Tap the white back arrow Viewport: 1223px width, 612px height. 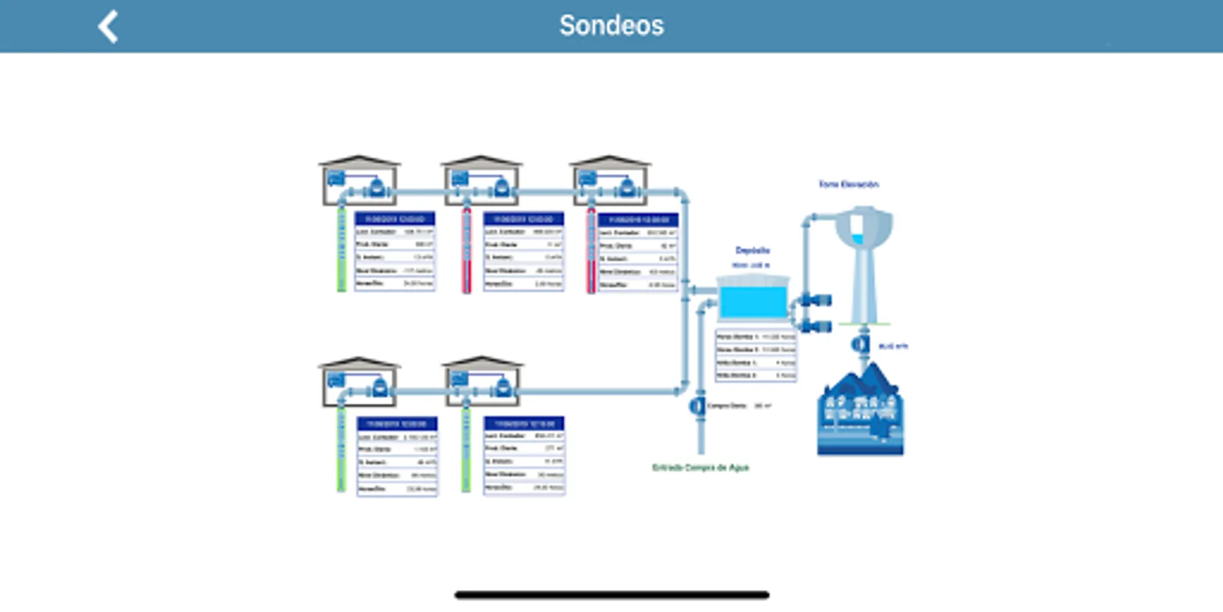[x=108, y=27]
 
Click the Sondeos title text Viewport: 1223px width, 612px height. [x=611, y=26]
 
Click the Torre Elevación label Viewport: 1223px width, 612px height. [x=848, y=184]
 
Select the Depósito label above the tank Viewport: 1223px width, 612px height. [x=752, y=250]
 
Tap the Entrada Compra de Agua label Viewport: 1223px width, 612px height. [x=700, y=467]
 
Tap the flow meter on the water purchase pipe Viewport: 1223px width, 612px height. [x=697, y=407]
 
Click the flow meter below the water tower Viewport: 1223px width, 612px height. [x=861, y=345]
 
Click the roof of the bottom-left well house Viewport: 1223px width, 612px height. [x=359, y=362]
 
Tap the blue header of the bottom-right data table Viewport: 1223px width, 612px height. [x=524, y=423]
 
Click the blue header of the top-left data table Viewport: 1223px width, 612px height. [x=395, y=219]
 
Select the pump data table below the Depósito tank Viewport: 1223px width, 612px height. [x=756, y=356]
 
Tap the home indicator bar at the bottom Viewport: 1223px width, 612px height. [x=611, y=595]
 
